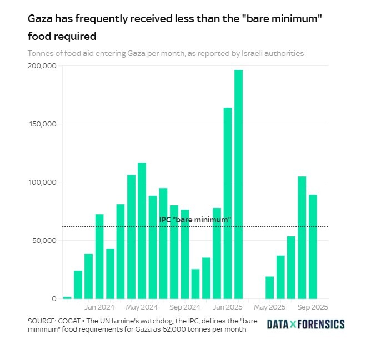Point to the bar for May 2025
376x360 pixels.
point(270,287)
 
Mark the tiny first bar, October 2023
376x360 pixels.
point(67,297)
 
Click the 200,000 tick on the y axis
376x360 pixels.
point(42,66)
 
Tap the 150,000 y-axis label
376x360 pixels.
point(42,124)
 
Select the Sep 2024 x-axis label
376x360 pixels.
point(185,307)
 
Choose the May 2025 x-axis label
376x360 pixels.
point(270,307)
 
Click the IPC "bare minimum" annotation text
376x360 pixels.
point(195,220)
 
